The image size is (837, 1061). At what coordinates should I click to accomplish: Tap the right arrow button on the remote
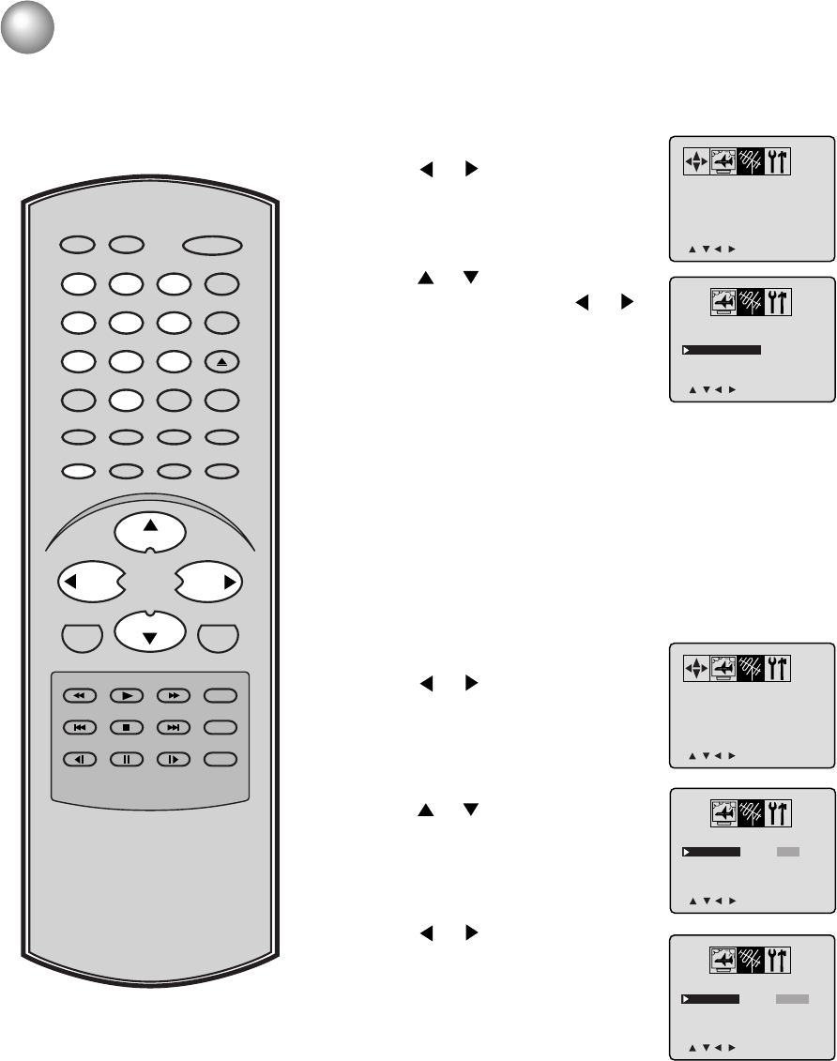(209, 583)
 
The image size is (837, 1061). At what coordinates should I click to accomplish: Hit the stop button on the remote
(126, 727)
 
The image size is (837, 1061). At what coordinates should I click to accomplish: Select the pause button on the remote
(126, 759)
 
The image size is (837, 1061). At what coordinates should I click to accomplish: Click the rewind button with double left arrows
(80, 696)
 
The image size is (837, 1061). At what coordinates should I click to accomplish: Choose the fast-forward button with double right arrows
(175, 696)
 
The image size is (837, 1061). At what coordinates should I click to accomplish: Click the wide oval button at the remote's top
(213, 246)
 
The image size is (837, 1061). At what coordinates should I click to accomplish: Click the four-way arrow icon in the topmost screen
(694, 161)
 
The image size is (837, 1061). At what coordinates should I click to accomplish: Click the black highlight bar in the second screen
(722, 350)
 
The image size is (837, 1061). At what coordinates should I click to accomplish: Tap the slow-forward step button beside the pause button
(175, 759)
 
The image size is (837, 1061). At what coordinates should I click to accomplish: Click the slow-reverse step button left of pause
(80, 759)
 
